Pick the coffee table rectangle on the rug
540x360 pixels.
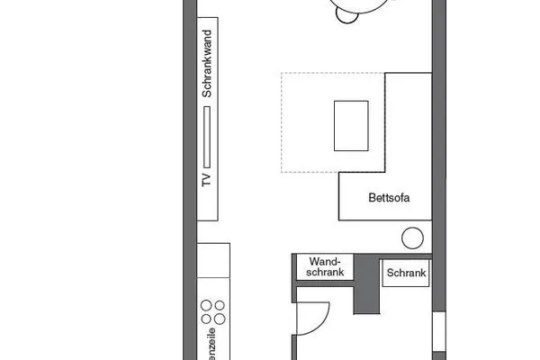[x=351, y=126]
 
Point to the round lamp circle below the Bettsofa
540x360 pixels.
[x=412, y=238]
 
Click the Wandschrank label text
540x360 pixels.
[x=326, y=267]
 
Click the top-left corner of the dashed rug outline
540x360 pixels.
[x=282, y=73]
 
